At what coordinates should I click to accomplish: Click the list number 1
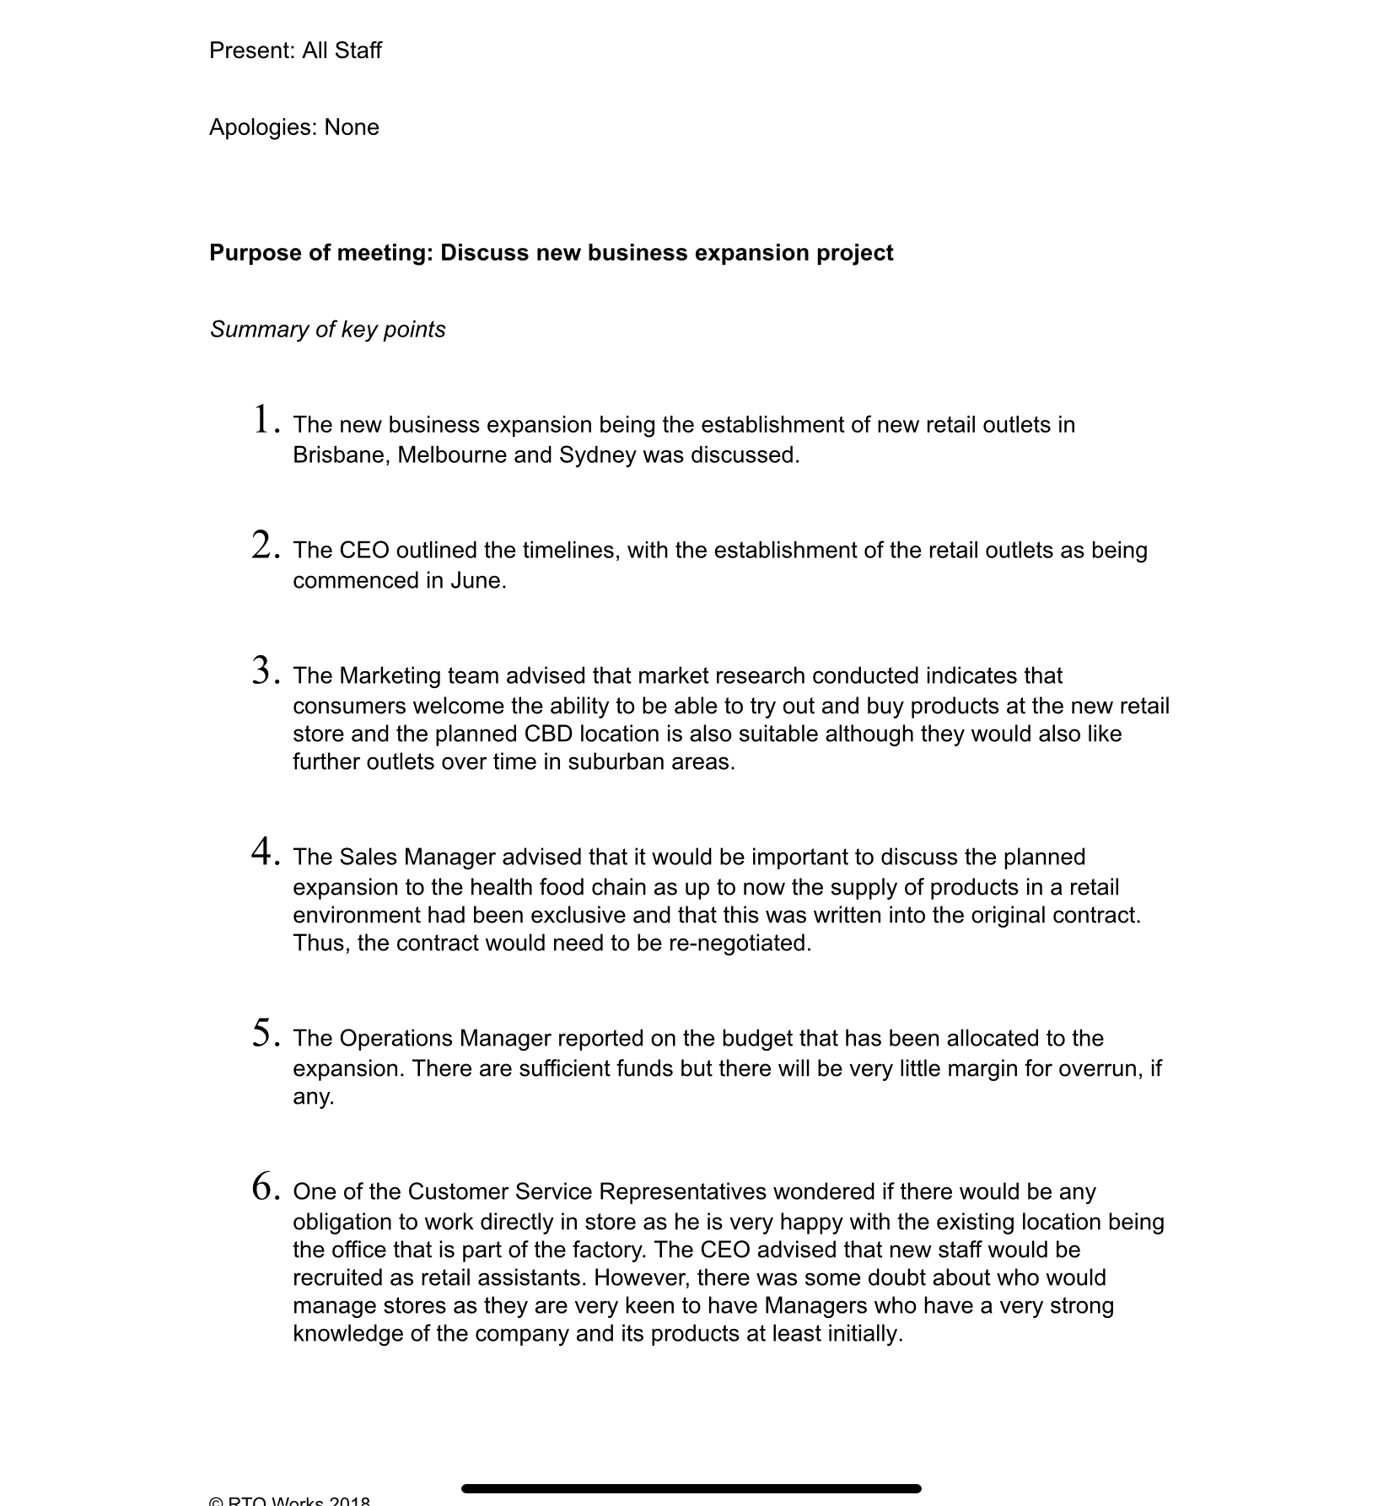coord(264,420)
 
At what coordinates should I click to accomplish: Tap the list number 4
coord(264,853)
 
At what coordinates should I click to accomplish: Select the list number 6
coord(264,1187)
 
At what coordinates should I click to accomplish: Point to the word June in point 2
coord(475,581)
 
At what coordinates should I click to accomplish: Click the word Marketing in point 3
coord(389,676)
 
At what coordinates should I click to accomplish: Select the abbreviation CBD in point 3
coord(548,734)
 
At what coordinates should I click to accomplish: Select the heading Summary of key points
coord(327,330)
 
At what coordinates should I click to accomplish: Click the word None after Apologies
coord(351,127)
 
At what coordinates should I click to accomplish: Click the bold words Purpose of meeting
coord(320,253)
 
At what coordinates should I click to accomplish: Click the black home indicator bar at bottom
coord(691,1489)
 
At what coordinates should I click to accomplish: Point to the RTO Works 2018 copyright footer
coord(289,1501)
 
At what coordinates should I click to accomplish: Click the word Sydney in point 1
coord(597,455)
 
